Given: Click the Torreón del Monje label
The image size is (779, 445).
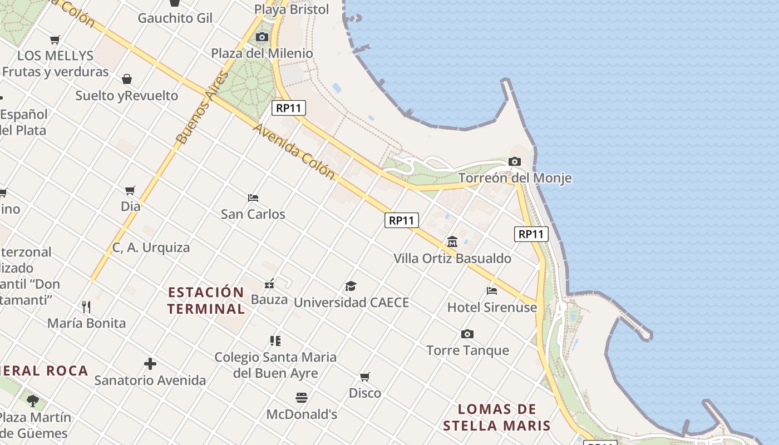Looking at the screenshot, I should pos(515,178).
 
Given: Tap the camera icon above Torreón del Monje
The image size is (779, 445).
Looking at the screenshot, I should pos(515,162).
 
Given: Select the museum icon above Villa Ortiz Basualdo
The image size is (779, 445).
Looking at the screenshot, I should pos(452,242).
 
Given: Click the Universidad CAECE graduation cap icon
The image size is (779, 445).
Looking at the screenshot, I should pos(351,286).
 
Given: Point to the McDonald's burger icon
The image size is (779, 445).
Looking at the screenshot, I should pos(302,398).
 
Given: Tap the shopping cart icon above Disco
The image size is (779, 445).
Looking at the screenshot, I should pos(365,377).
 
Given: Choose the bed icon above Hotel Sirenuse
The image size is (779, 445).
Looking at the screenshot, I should pos(492,290).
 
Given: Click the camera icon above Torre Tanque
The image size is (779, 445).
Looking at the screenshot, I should pos(467,334).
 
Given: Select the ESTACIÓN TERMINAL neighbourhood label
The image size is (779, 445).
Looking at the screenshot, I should pos(206,300).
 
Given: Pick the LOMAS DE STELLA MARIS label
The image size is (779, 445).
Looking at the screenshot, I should pos(497,418).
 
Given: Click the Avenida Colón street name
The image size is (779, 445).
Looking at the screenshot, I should pos(294,151).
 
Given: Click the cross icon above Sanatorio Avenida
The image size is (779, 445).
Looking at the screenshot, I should pos(150,364).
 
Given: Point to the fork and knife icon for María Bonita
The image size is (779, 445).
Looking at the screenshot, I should pos(86,306).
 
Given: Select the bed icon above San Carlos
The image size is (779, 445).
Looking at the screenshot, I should pos(253,198).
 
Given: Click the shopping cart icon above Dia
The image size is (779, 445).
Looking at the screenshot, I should pos(130,191).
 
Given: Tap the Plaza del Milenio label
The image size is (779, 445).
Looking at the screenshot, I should pos(262,53).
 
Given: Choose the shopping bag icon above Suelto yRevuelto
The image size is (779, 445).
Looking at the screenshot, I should pos(127,79).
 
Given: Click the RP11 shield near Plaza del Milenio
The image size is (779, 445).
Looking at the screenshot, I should pos(289,108).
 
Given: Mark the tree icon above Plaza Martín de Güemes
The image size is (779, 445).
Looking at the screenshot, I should pos(33,400).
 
